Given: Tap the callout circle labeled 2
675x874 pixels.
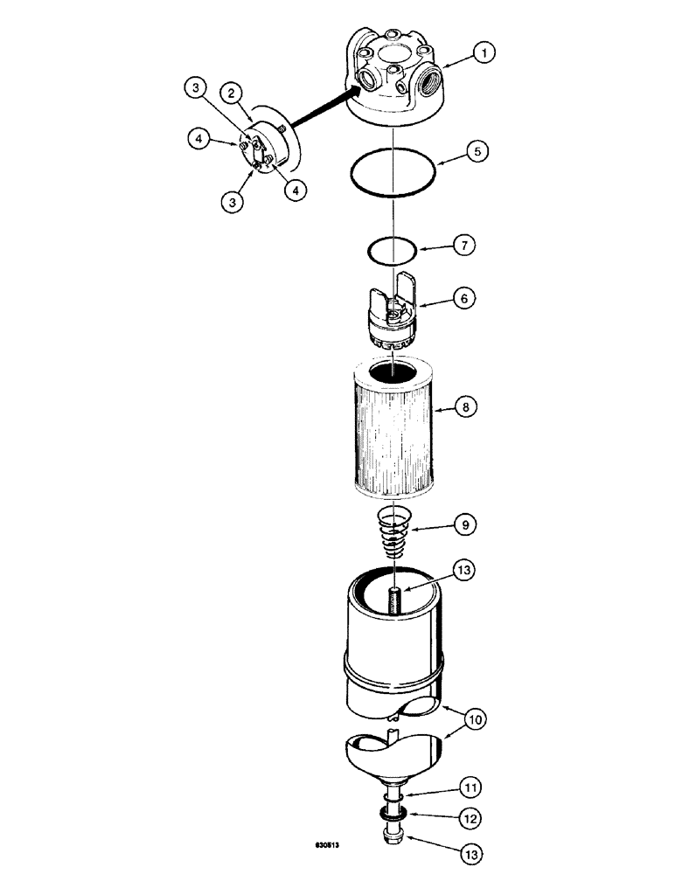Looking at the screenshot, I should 231,93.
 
